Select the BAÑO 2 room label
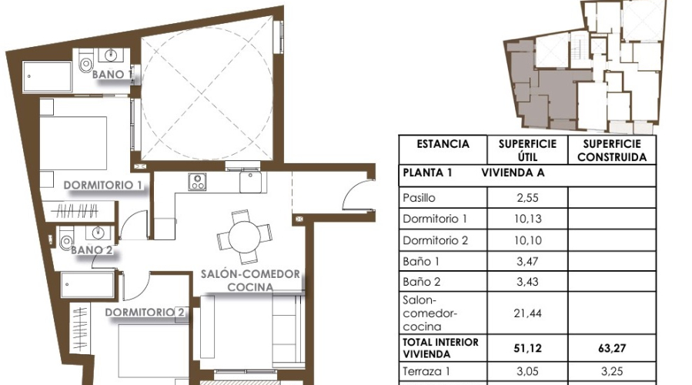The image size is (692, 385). point(92,249)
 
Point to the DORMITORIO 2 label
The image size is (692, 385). point(145,312)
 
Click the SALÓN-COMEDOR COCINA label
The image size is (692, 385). point(250,280)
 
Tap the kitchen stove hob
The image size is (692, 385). point(198,182)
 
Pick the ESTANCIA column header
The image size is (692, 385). point(443,144)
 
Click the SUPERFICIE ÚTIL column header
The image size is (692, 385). point(527,150)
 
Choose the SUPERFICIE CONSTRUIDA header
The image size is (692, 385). point(612,150)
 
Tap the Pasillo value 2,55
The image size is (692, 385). point(527,198)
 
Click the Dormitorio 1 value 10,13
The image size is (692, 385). point(527,219)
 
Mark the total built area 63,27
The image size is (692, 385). point(612,347)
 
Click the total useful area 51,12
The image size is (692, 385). point(527,347)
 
